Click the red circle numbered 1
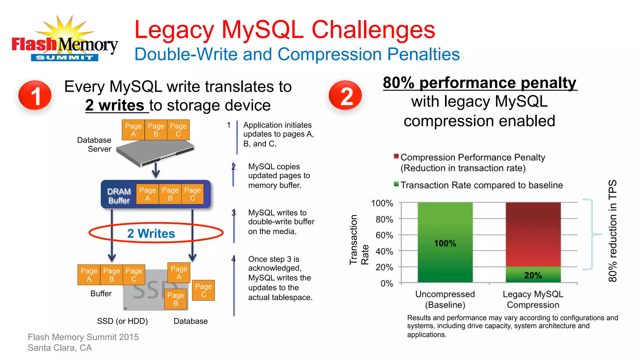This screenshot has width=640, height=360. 35,96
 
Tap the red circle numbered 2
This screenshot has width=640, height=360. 345,96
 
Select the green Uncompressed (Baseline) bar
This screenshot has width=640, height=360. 445,242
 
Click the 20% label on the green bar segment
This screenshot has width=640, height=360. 533,275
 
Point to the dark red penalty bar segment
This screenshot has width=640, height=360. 533,234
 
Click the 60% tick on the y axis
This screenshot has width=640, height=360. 384,235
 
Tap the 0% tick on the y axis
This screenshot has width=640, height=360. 387,283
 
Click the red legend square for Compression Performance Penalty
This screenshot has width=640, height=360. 396,156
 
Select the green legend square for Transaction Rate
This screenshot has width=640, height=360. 396,184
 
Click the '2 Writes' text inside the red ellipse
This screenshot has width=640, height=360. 151,233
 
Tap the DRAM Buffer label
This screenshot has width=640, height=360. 119,196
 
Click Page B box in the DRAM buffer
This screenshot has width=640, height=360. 170,194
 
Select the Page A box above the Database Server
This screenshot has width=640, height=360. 133,130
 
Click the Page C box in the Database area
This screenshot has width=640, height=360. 203,290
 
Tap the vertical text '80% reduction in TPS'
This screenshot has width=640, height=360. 612,231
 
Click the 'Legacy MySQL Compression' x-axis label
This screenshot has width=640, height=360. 533,299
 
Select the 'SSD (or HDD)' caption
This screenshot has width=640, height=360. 122,321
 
